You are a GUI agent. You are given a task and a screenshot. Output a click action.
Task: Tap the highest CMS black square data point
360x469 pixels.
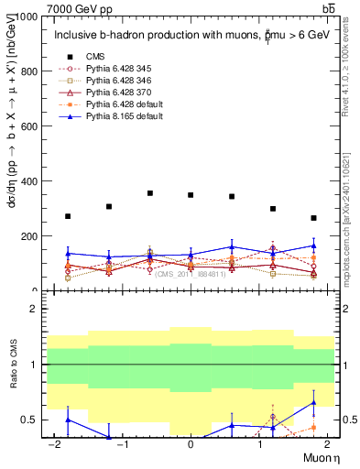click(149, 193)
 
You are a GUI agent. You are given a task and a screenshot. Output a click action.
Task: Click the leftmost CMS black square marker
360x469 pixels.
click(68, 216)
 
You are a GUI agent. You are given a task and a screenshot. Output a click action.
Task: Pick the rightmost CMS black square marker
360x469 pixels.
click(313, 218)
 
